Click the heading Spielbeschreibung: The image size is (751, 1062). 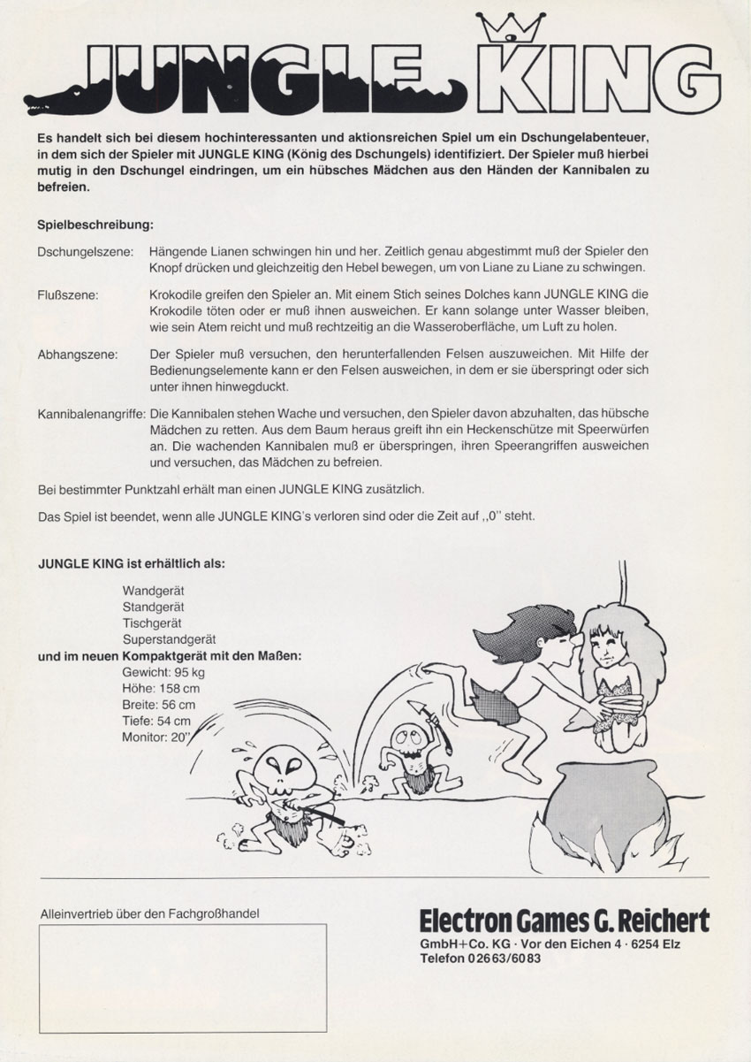pyautogui.click(x=96, y=225)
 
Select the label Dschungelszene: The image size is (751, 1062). pyautogui.click(x=86, y=253)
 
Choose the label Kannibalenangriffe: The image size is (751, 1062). pyautogui.click(x=92, y=414)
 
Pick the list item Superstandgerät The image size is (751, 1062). pyautogui.click(x=170, y=638)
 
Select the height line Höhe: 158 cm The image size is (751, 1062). pyautogui.click(x=161, y=689)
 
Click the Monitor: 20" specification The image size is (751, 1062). pyautogui.click(x=157, y=738)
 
